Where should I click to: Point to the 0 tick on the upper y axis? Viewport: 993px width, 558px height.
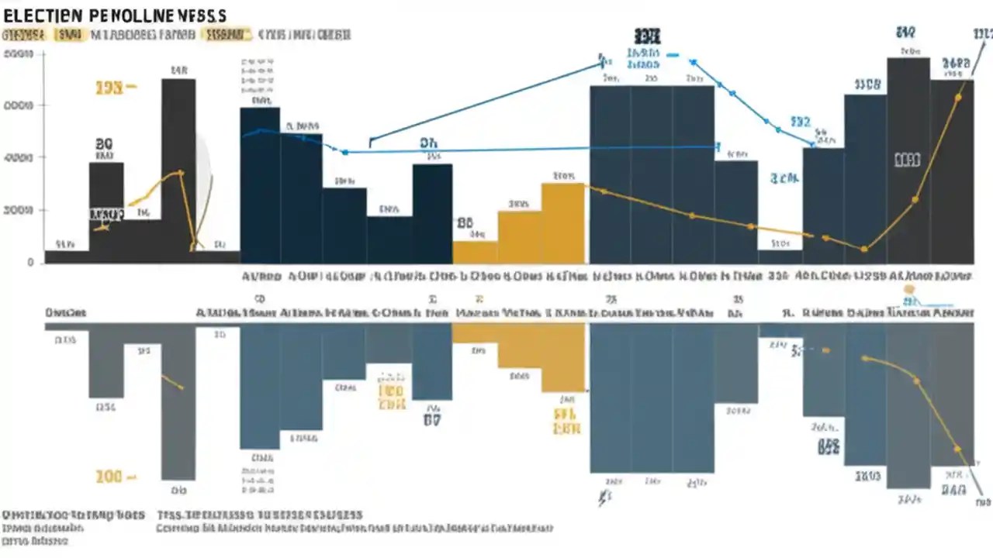pos(30,263)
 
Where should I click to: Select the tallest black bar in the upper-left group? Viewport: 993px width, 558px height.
pos(178,170)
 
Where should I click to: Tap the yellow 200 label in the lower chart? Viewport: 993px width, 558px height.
pos(109,477)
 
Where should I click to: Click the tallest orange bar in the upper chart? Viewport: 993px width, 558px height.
pos(562,223)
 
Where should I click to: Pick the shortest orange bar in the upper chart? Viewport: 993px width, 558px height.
pos(474,252)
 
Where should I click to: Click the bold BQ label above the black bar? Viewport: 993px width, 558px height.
pos(104,144)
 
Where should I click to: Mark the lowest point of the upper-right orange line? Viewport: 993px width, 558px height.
pos(864,249)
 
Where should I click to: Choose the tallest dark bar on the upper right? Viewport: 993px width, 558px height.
pos(908,159)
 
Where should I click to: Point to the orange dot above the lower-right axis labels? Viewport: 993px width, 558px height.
pos(908,289)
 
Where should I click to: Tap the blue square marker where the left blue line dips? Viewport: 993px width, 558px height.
pos(344,152)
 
